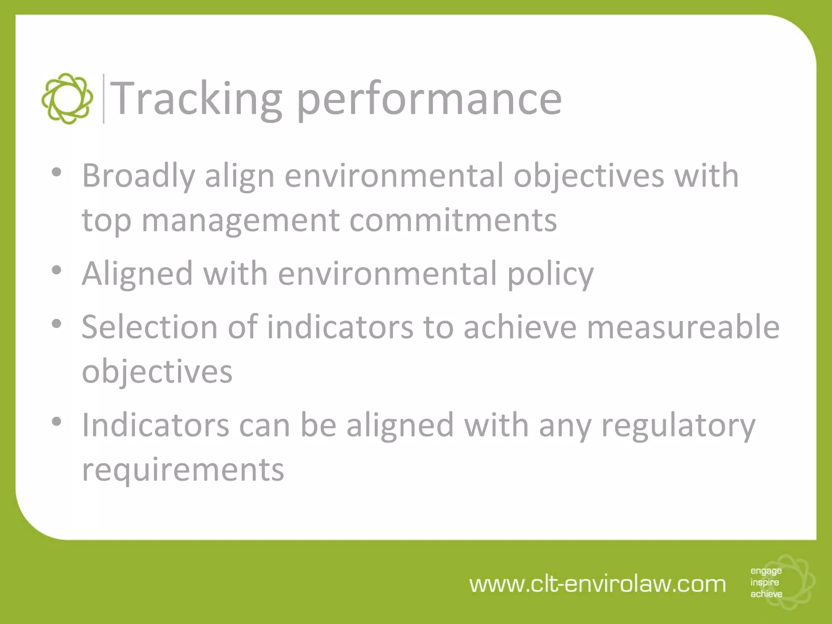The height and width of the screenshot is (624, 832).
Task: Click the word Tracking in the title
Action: coord(196,98)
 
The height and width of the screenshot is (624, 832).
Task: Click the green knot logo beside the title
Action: coord(67,98)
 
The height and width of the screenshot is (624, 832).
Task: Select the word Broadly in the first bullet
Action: coord(139,176)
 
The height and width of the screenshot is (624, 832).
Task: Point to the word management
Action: coord(240,221)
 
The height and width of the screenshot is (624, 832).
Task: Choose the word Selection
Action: coord(149,327)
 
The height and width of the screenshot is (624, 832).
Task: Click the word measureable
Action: coord(683,327)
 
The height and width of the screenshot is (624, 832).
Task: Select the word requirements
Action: coord(183,470)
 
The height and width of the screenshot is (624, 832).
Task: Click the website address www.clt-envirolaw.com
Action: coord(597,584)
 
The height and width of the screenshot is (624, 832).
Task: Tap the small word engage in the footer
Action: coord(766,571)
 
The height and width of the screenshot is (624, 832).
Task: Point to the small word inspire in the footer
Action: coord(765,582)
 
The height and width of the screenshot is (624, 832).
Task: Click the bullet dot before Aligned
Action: coord(57,270)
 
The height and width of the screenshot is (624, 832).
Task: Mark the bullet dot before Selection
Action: coord(57,324)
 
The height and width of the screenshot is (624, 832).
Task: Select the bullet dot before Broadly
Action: coord(57,172)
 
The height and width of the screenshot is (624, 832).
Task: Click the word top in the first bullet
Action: coord(106,221)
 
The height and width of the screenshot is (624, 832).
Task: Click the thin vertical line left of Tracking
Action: coord(104,99)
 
